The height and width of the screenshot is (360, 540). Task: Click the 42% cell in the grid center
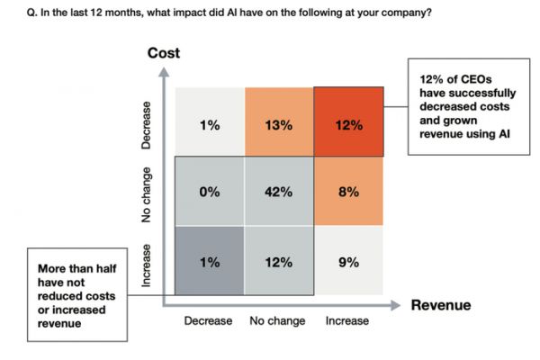tap(279, 192)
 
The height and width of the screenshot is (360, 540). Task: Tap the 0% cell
tap(210, 192)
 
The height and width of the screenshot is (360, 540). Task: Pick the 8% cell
tap(348, 192)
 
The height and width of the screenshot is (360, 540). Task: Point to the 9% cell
tap(348, 262)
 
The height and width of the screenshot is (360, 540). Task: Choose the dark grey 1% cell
tap(210, 262)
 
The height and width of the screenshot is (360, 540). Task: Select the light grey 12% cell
tap(279, 262)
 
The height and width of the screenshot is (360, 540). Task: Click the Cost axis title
tap(163, 53)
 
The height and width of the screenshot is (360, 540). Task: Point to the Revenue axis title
tap(441, 305)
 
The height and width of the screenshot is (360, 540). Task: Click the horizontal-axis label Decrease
tap(208, 320)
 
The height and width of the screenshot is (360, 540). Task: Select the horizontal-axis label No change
tap(277, 320)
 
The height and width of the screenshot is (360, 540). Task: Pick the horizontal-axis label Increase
tap(346, 320)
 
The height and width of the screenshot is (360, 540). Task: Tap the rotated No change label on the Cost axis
tap(148, 194)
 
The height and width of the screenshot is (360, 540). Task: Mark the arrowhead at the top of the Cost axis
tap(163, 72)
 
